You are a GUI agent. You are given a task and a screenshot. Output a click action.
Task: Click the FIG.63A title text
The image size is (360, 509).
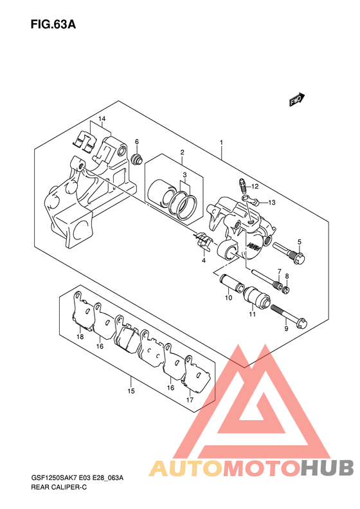click(x=53, y=24)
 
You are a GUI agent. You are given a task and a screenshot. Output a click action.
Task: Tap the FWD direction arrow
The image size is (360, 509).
click(x=297, y=100)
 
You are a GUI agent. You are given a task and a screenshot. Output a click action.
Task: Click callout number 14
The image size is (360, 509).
click(x=102, y=119)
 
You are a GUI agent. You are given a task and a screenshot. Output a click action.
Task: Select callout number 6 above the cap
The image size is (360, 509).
click(x=137, y=142)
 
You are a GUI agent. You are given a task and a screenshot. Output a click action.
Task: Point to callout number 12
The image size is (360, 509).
click(x=255, y=187)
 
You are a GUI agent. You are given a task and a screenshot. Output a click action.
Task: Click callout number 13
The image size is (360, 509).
click(x=272, y=203)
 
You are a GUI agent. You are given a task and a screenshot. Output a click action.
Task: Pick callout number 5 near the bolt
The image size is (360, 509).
click(x=300, y=242)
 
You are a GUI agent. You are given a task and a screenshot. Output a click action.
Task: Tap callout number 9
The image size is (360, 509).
click(x=286, y=329)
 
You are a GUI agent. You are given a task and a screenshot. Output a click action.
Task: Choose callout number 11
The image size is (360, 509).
click(x=253, y=314)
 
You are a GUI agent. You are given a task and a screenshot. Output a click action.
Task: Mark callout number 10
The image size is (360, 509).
click(x=229, y=298)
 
